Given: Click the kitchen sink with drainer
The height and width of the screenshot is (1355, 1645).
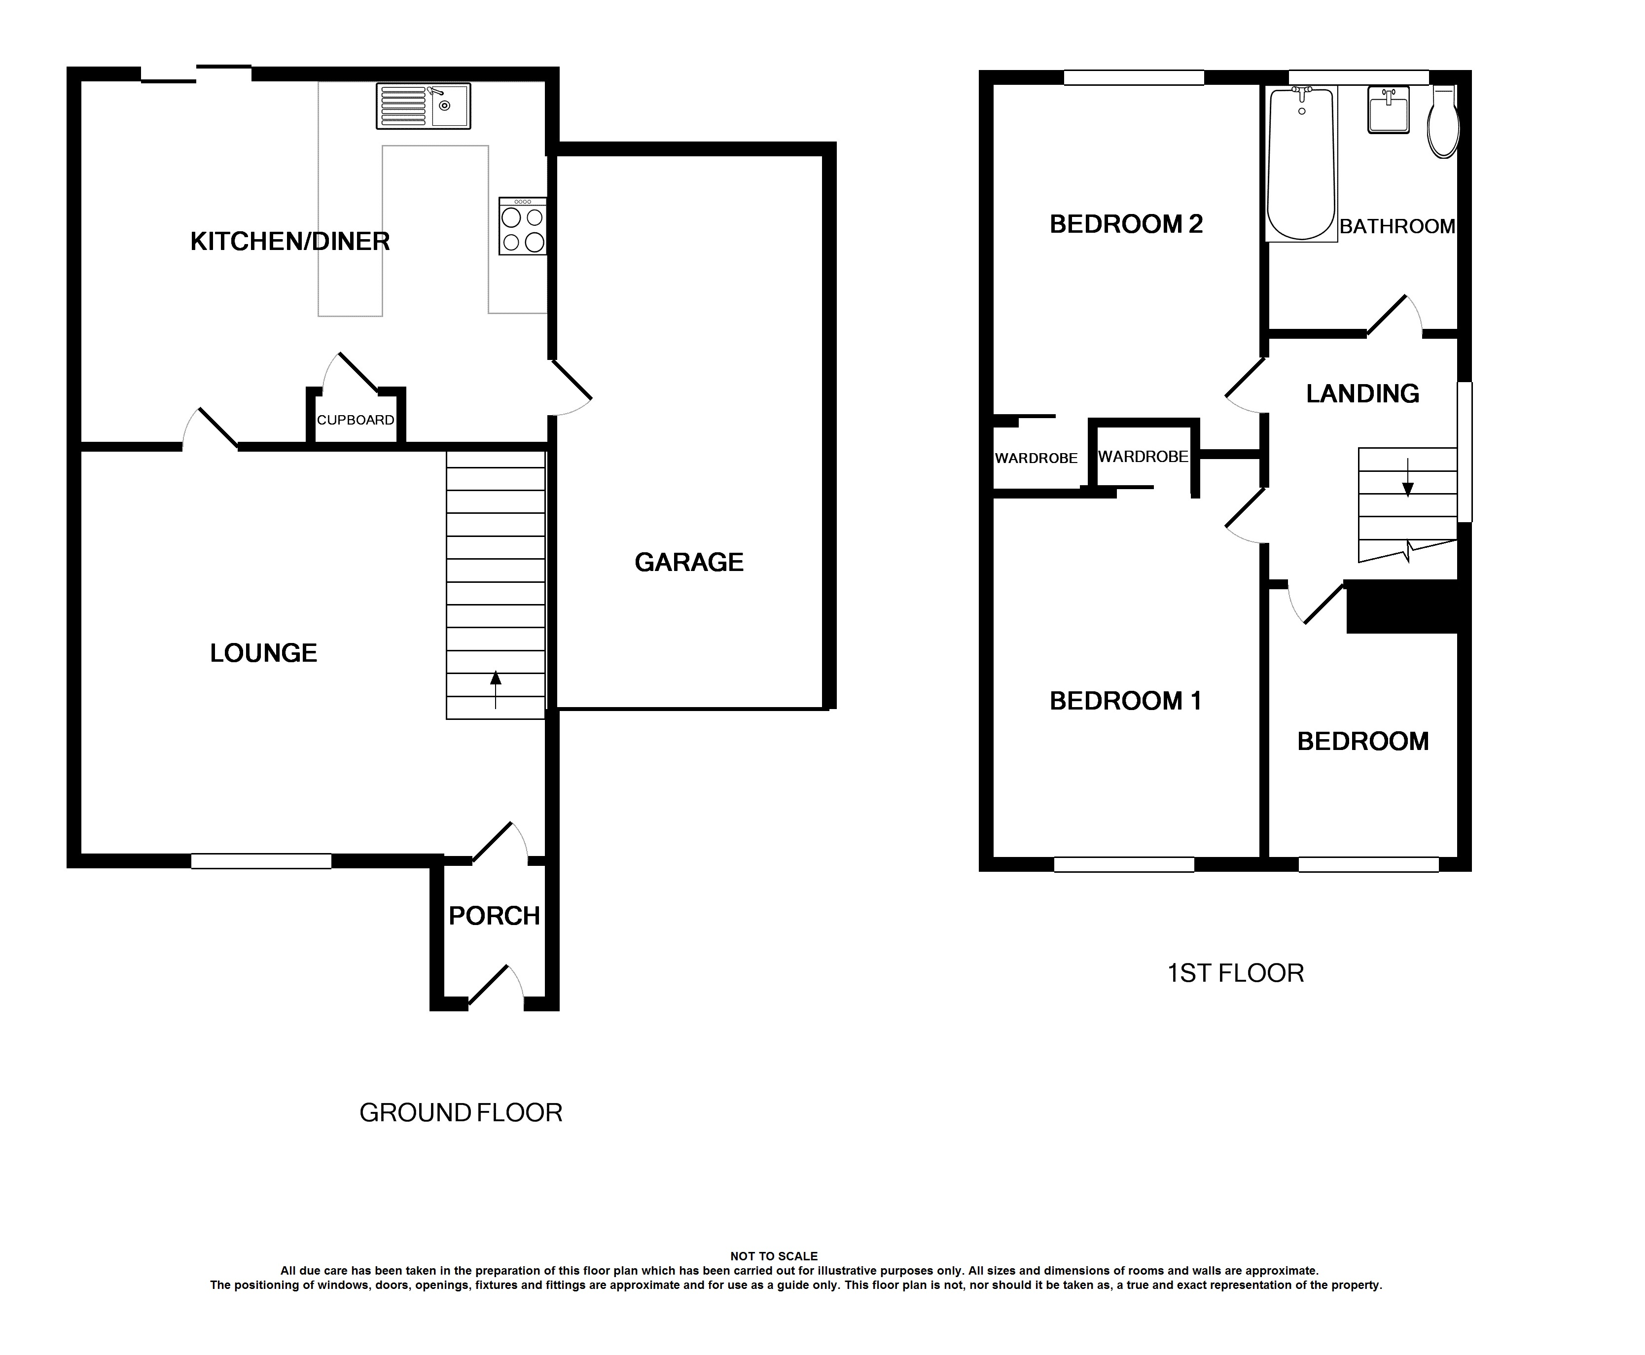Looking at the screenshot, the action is click(x=423, y=106).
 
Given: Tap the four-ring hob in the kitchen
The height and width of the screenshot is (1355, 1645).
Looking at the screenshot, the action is click(x=523, y=226).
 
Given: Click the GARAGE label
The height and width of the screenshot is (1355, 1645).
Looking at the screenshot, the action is click(x=689, y=562).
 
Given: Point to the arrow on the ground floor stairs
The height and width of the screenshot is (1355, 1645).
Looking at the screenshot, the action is click(x=496, y=689).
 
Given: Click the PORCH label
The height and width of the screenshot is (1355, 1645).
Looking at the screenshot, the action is click(x=494, y=916).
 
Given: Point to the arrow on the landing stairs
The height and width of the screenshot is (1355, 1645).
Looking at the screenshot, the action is click(x=1408, y=478).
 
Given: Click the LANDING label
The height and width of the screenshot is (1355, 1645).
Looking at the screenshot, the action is click(x=1362, y=393).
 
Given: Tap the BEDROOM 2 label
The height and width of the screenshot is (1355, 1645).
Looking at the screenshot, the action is click(x=1126, y=224).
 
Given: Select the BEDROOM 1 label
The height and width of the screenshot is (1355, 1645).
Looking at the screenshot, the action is click(x=1125, y=701).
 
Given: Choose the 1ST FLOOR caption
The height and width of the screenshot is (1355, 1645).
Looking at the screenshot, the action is click(x=1235, y=973).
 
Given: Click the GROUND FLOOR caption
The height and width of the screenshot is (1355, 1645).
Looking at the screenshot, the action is click(x=461, y=1113).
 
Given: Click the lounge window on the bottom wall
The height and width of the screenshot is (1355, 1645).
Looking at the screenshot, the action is click(x=261, y=861).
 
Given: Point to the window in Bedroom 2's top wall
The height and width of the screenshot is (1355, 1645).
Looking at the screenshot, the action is click(x=1134, y=77).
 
